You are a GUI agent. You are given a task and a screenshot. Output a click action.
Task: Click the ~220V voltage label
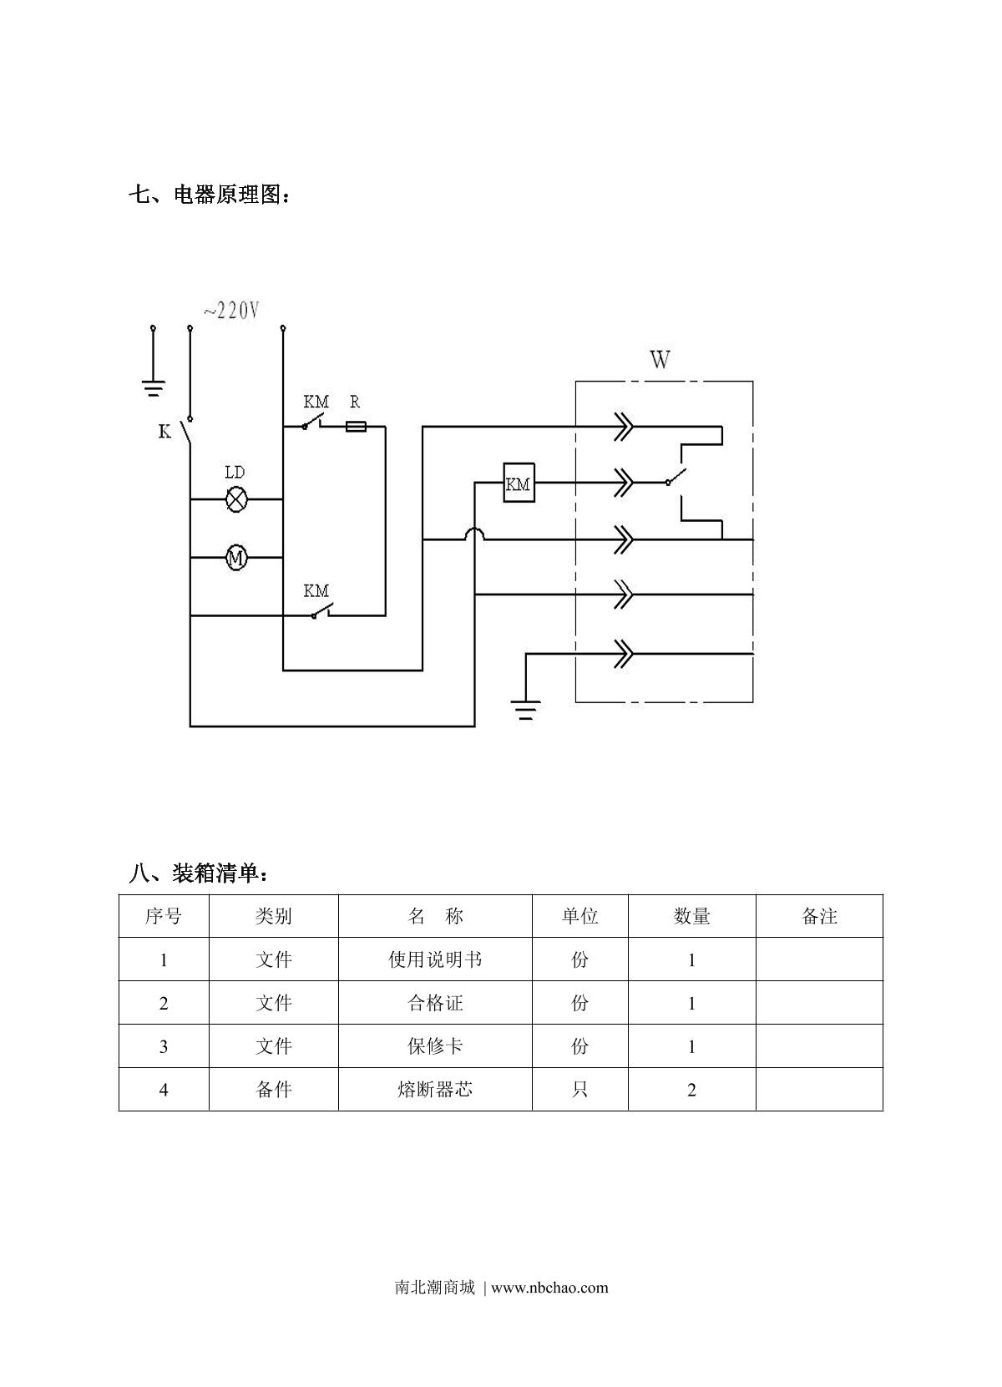(x=231, y=311)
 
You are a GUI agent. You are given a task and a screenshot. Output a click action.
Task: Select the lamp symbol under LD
(x=237, y=499)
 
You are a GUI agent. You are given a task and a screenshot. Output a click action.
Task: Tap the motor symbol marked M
(x=236, y=558)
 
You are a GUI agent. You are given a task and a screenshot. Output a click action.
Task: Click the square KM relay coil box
(x=519, y=483)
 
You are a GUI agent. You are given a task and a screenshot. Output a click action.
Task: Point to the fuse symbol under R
(x=356, y=427)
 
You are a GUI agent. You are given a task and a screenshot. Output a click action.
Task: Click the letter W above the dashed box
(x=660, y=360)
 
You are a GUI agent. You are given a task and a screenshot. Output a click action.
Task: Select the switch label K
(x=164, y=432)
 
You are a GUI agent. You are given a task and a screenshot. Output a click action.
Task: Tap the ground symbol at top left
(x=153, y=387)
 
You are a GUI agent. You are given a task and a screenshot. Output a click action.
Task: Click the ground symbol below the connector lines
(x=526, y=711)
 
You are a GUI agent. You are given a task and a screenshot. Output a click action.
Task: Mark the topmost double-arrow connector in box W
(x=623, y=426)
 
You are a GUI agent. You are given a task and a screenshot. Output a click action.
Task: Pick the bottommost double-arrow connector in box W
(x=623, y=654)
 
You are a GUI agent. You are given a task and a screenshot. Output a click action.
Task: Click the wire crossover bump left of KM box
(x=474, y=534)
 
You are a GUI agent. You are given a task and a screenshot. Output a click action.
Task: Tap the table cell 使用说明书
(x=435, y=959)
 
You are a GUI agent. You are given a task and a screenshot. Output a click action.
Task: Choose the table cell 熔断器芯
(x=435, y=1090)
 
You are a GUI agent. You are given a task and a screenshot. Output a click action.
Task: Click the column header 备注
(x=818, y=916)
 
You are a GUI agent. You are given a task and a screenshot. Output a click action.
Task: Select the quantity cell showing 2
(x=691, y=1090)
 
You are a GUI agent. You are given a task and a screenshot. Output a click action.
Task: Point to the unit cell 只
(x=579, y=1090)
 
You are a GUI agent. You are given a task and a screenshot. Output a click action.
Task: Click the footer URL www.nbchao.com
(x=549, y=1287)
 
